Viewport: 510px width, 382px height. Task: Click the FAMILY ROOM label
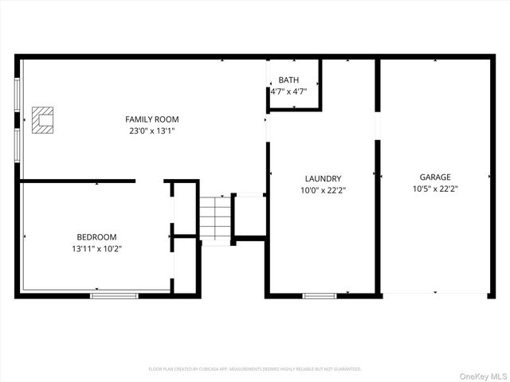point(151,119)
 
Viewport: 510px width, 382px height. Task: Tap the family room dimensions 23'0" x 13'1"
point(151,131)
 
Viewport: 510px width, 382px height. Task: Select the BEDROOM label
point(96,237)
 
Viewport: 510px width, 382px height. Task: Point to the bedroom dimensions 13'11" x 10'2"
point(96,248)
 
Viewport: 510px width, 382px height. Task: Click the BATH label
point(288,80)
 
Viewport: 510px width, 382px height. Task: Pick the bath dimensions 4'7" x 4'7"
point(288,92)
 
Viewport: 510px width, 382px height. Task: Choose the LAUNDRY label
point(323,178)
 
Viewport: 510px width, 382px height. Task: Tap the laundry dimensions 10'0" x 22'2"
point(323,189)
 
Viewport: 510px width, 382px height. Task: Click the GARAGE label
point(435,177)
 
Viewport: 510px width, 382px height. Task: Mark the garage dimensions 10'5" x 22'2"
point(435,189)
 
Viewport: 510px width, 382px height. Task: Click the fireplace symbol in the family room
point(42,119)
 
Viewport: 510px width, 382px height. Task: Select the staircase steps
point(214,216)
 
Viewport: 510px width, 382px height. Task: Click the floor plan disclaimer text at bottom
point(255,369)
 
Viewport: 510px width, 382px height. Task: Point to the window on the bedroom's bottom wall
point(114,295)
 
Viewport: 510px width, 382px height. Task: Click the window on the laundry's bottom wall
point(320,295)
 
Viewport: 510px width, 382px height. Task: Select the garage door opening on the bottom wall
point(435,294)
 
